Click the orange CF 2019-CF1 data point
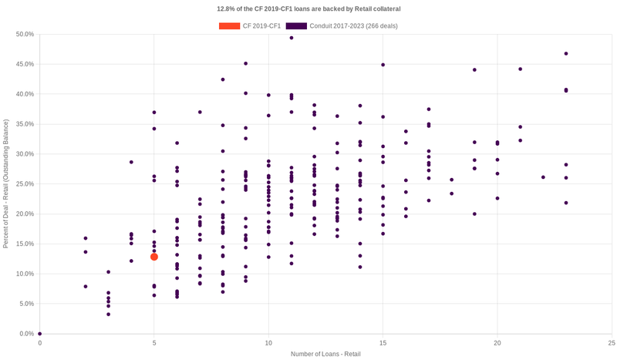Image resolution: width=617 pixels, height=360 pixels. point(154,257)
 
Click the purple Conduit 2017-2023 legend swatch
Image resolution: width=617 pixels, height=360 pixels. point(296,25)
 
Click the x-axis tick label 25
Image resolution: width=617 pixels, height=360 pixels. point(611,342)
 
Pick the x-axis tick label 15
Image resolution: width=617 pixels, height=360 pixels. point(383,342)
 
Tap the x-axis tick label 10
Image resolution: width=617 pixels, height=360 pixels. point(268,342)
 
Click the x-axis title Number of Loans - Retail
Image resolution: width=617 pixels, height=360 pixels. point(325,354)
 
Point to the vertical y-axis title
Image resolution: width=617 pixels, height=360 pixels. point(6,183)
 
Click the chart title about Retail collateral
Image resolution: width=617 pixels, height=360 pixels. point(308,8)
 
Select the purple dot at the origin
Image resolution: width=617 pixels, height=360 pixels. point(40,334)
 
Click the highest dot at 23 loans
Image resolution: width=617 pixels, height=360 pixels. point(566,54)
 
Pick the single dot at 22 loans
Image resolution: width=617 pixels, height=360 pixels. point(543,177)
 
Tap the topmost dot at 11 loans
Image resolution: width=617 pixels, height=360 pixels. point(292,37)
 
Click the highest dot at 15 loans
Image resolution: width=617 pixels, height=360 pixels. point(383,65)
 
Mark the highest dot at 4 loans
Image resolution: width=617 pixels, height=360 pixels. point(131,162)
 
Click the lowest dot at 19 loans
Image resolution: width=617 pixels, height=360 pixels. point(474,214)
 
